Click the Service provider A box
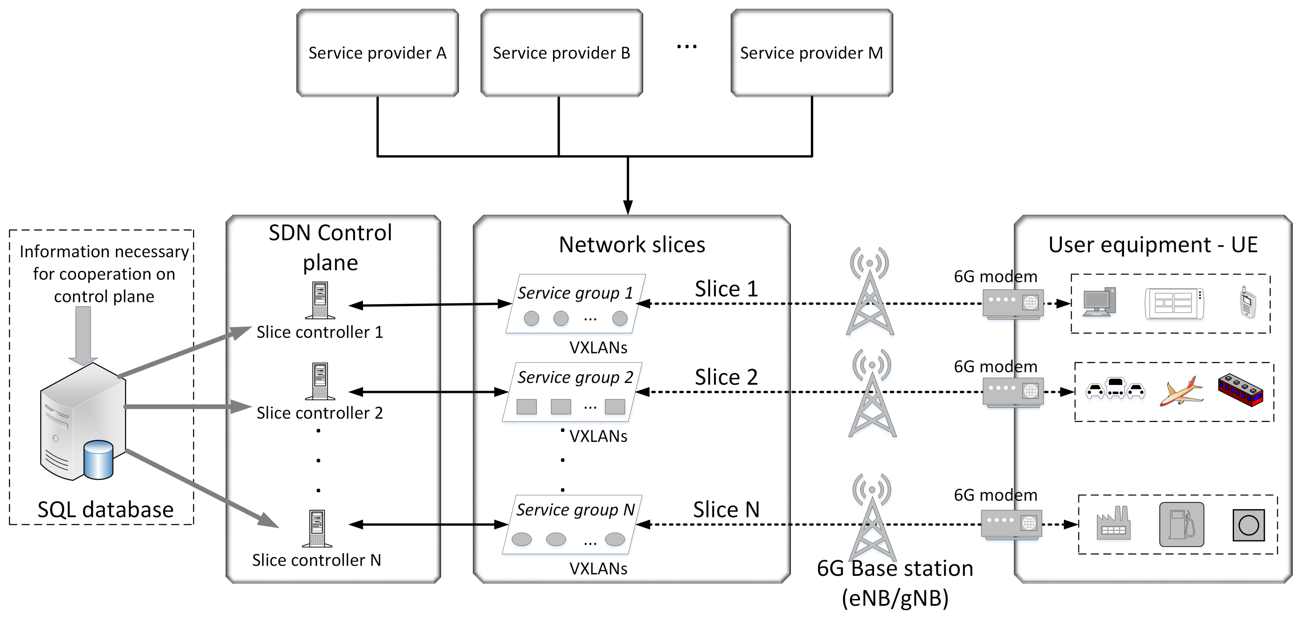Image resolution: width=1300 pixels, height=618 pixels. [377, 53]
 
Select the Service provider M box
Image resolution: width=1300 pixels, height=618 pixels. [811, 53]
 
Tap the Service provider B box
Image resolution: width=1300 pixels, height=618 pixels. [561, 53]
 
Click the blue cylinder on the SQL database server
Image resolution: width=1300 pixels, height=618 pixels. [98, 459]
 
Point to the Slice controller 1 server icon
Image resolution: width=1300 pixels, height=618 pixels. [320, 300]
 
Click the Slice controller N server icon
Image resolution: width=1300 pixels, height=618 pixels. [317, 528]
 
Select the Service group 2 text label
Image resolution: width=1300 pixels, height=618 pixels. [575, 377]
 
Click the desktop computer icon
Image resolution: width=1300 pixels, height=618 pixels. [1099, 302]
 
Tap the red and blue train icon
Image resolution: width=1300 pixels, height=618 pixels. [1240, 390]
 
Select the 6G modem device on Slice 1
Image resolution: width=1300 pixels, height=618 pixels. [1012, 304]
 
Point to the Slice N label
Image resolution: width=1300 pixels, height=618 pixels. [726, 510]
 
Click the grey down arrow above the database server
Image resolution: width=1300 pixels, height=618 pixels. [83, 335]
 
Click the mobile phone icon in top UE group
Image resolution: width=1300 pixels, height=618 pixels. [1248, 302]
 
